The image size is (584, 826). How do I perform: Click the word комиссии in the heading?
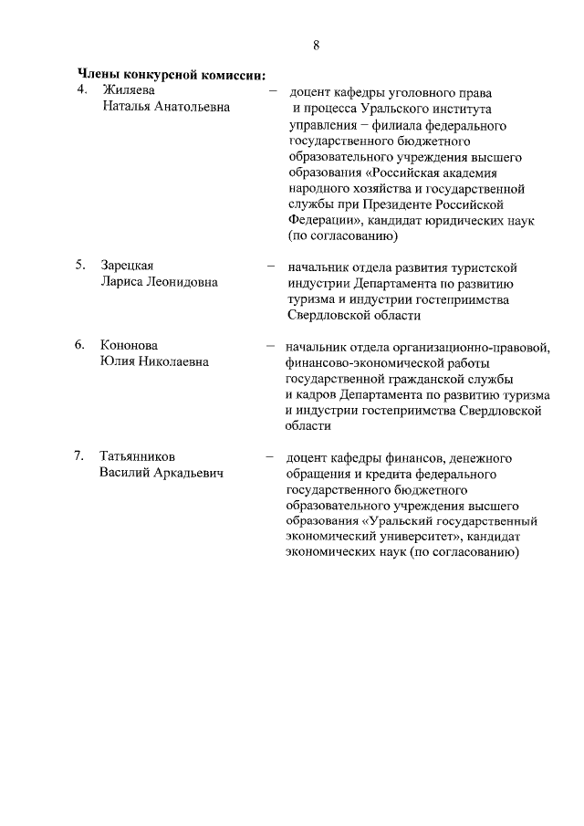[227, 75]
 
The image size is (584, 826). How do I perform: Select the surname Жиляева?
[129, 90]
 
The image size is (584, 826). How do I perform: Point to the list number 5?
[80, 267]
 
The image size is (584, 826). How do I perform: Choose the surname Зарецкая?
[128, 267]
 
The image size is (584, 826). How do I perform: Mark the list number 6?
[80, 346]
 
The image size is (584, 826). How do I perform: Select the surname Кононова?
[129, 346]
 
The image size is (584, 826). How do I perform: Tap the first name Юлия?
[119, 361]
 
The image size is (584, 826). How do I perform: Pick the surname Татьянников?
[138, 456]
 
